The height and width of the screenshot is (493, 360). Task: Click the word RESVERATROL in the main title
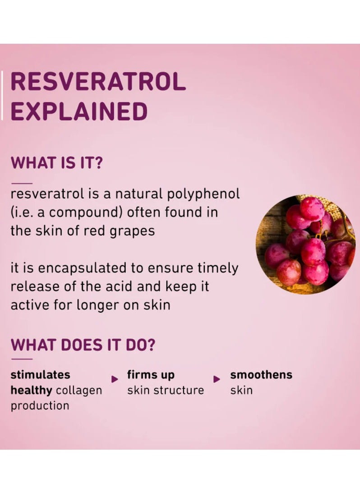click(97, 82)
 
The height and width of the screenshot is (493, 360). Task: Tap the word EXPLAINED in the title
click(79, 111)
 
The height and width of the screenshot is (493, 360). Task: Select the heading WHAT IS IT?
click(56, 162)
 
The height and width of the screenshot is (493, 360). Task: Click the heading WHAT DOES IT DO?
click(83, 345)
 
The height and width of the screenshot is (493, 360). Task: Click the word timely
click(218, 268)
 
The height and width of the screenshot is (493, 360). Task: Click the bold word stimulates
click(40, 374)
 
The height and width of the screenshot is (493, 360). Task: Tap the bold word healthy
click(32, 390)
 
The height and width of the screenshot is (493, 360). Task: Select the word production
click(40, 405)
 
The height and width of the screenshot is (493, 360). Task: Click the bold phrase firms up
click(151, 374)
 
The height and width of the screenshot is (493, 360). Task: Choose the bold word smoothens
click(261, 374)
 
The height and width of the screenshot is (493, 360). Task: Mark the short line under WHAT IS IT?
click(22, 183)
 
